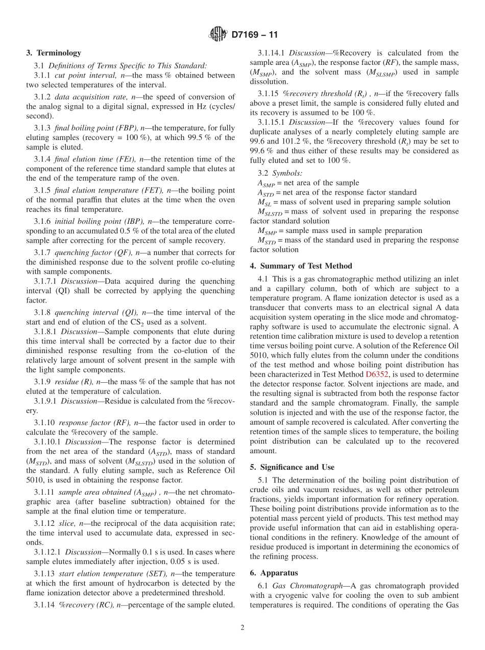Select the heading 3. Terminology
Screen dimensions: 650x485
[54, 53]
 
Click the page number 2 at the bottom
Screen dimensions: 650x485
[243, 628]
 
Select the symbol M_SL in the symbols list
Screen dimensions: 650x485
[264, 202]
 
